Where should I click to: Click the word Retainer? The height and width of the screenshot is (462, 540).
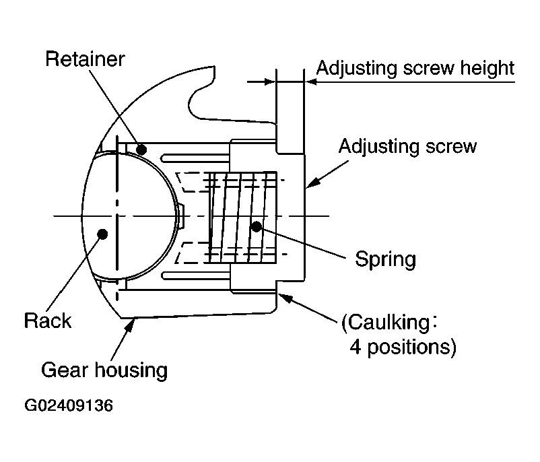[x=85, y=59]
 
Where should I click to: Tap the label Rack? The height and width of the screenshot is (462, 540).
[x=47, y=320]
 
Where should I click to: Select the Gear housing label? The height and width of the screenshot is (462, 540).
[x=104, y=370]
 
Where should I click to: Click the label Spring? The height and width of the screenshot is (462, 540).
[x=386, y=259]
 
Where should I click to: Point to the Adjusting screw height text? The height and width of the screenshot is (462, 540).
[x=415, y=69]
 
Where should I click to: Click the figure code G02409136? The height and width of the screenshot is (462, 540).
[x=69, y=406]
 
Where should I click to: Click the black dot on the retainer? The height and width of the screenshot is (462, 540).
[x=141, y=147]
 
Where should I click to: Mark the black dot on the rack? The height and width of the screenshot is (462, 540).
[x=102, y=234]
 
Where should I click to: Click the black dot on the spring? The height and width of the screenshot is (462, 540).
[x=256, y=226]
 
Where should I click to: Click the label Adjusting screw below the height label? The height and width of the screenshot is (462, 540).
[x=407, y=146]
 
